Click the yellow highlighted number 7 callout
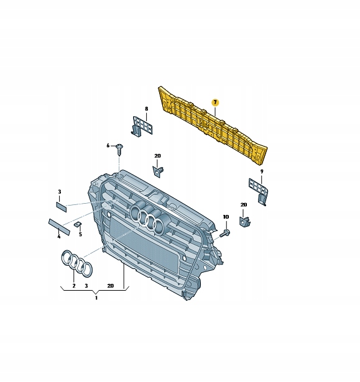click(x=215, y=102)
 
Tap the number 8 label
click(x=147, y=109)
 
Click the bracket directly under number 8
click(x=142, y=126)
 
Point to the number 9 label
click(x=262, y=171)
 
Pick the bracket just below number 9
click(x=257, y=190)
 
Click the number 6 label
click(x=108, y=145)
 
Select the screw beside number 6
click(x=119, y=147)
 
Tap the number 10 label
click(x=226, y=217)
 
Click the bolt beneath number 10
click(x=225, y=234)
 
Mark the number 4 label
click(x=59, y=236)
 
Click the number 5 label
click(x=80, y=234)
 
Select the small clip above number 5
click(x=78, y=224)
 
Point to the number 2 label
click(x=73, y=286)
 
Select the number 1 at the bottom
click(x=96, y=298)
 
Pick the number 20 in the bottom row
click(x=111, y=286)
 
